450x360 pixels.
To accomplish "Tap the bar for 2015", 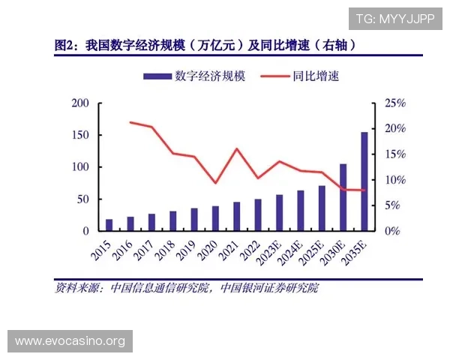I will (x=109, y=225).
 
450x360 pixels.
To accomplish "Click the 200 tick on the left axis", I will (x=79, y=103).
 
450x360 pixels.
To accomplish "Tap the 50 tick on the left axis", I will (x=82, y=199).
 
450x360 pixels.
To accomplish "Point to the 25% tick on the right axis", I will (x=394, y=103).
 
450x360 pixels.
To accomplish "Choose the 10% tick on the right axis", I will (x=394, y=180).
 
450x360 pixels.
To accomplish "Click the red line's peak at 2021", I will (x=236, y=148).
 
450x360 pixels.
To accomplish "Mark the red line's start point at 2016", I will (x=130, y=122).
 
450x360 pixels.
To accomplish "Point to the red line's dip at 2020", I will (x=215, y=183).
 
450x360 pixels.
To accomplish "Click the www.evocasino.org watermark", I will (x=71, y=341).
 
